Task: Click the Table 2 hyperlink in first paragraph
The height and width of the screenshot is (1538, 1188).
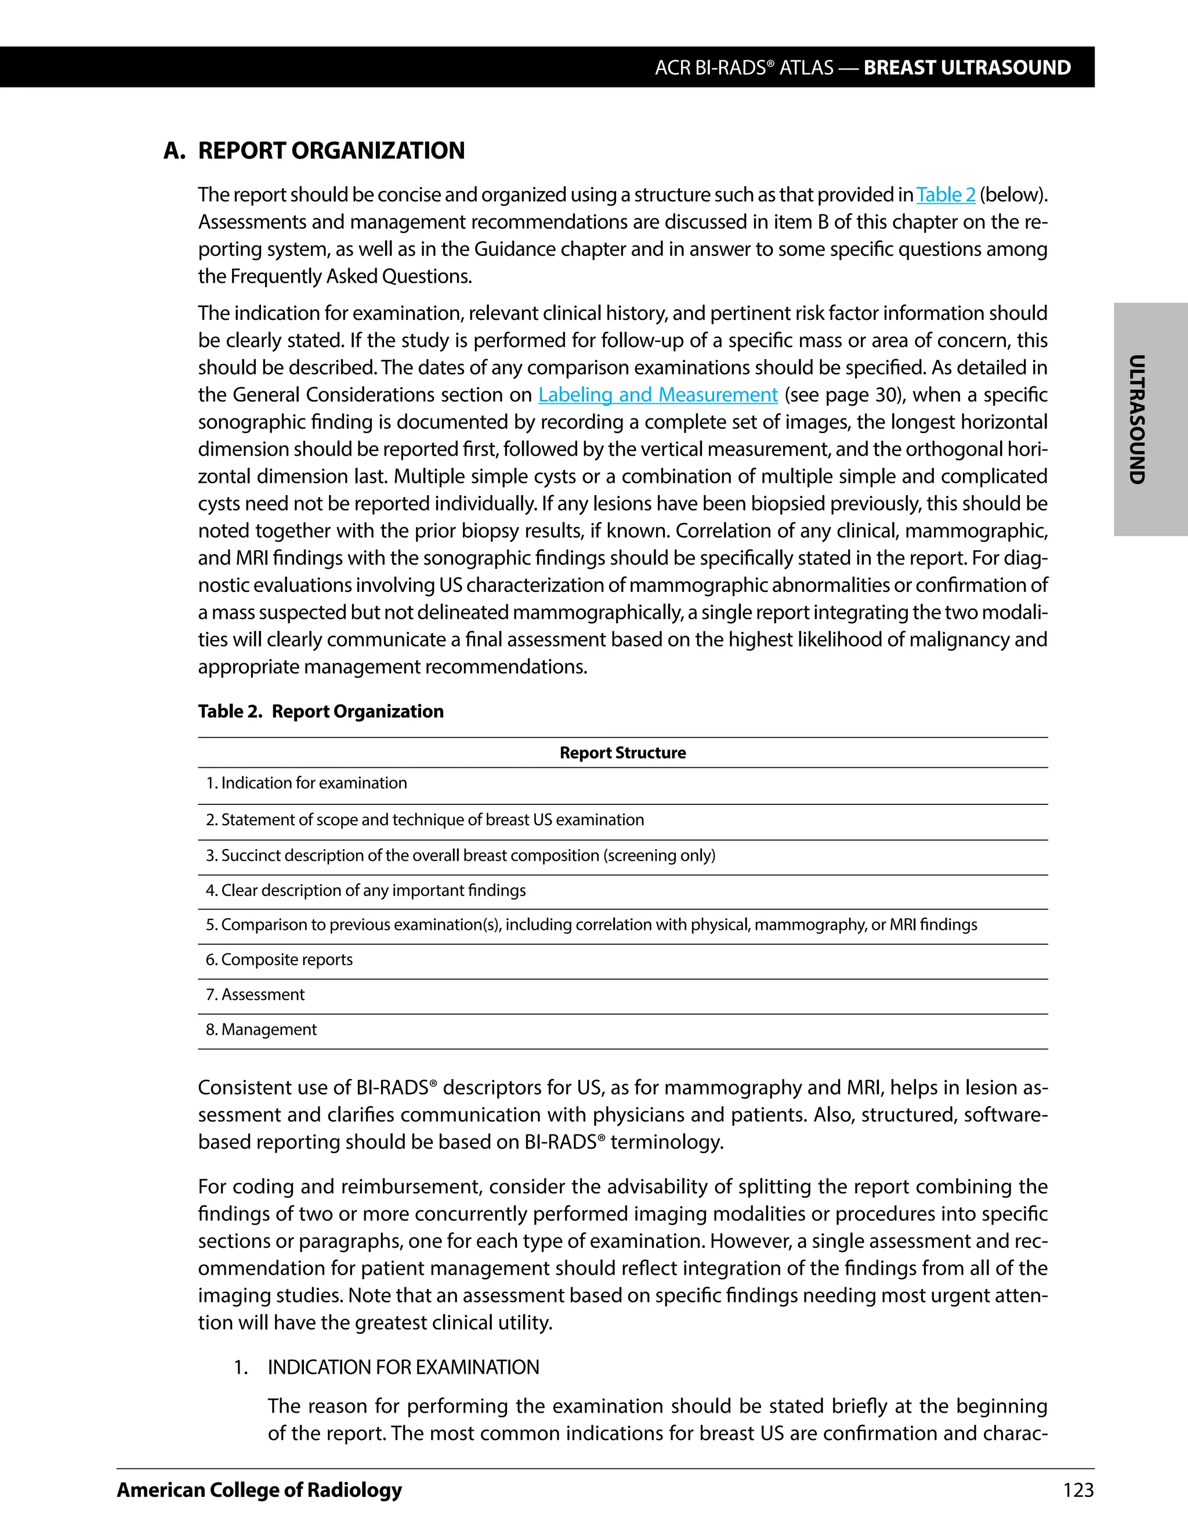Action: (x=945, y=194)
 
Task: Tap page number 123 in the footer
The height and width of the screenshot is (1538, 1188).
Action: (x=1078, y=1489)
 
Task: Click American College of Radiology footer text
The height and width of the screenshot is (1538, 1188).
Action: (x=259, y=1489)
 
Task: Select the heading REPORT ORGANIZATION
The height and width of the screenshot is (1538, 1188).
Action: (x=331, y=151)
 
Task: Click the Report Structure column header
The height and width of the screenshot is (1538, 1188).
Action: (x=622, y=752)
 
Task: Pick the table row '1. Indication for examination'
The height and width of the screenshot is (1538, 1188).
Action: (x=306, y=783)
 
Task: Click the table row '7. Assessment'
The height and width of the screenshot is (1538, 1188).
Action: (x=255, y=994)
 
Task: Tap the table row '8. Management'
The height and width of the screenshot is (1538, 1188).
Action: (x=261, y=1030)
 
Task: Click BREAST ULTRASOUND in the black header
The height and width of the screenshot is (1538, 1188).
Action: (x=966, y=67)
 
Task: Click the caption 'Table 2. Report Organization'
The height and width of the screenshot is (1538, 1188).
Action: (x=320, y=712)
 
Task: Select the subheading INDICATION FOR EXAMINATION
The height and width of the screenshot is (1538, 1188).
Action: (x=403, y=1367)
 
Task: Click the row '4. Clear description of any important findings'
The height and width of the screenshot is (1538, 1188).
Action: (x=365, y=890)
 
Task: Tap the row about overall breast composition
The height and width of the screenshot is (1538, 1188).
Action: (x=460, y=855)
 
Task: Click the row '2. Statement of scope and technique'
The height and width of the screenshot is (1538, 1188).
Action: (x=425, y=819)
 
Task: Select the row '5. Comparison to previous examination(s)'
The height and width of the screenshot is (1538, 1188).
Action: (x=591, y=925)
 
